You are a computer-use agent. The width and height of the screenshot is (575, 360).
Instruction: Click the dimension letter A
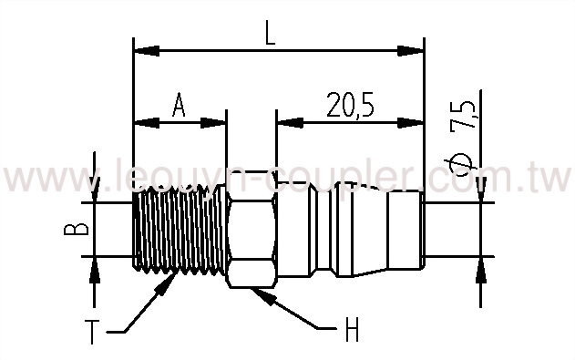(x=180, y=107)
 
